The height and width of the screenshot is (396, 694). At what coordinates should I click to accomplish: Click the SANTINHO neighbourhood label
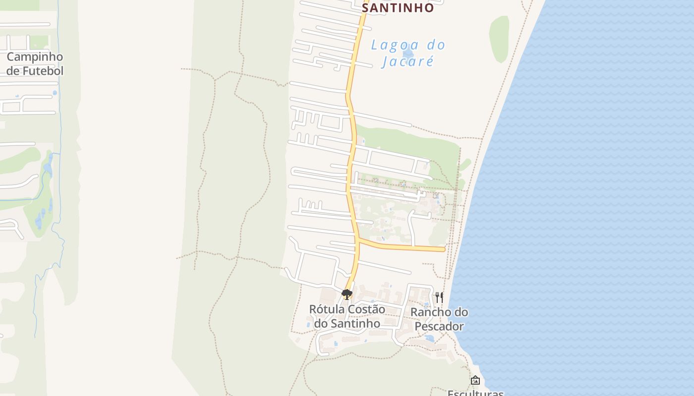[x=398, y=8]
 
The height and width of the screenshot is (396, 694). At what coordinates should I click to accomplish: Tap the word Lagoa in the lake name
[x=390, y=46]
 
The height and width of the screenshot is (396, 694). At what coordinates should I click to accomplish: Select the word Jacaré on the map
[x=407, y=61]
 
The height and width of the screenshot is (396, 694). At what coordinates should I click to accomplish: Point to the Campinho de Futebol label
[x=35, y=64]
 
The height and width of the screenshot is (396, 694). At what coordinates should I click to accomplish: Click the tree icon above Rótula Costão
[x=347, y=295]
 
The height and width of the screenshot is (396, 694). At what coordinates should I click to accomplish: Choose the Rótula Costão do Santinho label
[x=347, y=316]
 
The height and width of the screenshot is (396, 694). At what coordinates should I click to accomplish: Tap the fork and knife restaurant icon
[x=439, y=297]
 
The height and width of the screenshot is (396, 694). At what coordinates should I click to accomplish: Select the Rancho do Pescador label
[x=439, y=319]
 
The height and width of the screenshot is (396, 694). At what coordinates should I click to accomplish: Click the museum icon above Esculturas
[x=475, y=380]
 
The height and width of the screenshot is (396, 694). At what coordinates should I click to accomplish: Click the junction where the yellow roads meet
[x=358, y=240]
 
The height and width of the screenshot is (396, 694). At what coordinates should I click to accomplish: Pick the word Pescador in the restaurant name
[x=439, y=327]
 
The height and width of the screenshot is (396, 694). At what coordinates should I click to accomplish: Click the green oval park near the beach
[x=499, y=39]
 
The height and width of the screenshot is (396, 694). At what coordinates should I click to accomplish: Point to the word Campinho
[x=35, y=56]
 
